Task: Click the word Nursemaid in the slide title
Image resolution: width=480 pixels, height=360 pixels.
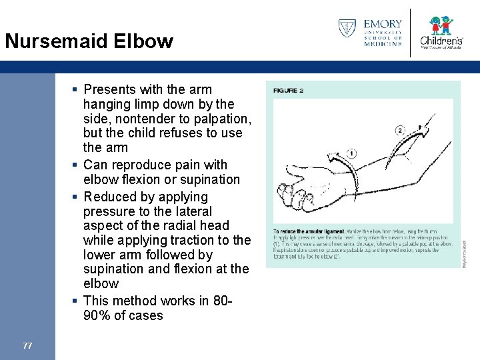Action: pos(56,41)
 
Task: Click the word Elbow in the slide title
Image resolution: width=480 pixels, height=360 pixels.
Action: pos(143,41)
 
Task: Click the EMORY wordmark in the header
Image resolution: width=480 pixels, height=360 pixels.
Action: pos(383,25)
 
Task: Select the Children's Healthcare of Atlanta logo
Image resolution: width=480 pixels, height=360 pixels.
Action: pos(441,33)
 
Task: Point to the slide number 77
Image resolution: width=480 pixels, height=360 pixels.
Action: pos(27,345)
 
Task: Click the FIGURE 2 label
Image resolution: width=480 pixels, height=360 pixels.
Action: pos(288,90)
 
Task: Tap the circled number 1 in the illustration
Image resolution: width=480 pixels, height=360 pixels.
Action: pos(351,154)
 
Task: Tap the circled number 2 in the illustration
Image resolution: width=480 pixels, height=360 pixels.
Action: pos(399,129)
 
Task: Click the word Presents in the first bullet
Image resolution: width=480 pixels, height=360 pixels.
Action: pos(109,89)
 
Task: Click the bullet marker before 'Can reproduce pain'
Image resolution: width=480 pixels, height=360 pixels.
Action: pos(77,165)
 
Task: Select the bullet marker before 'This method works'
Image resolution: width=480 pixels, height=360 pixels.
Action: pos(77,301)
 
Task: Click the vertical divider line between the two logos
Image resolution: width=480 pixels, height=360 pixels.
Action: pos(410,32)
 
